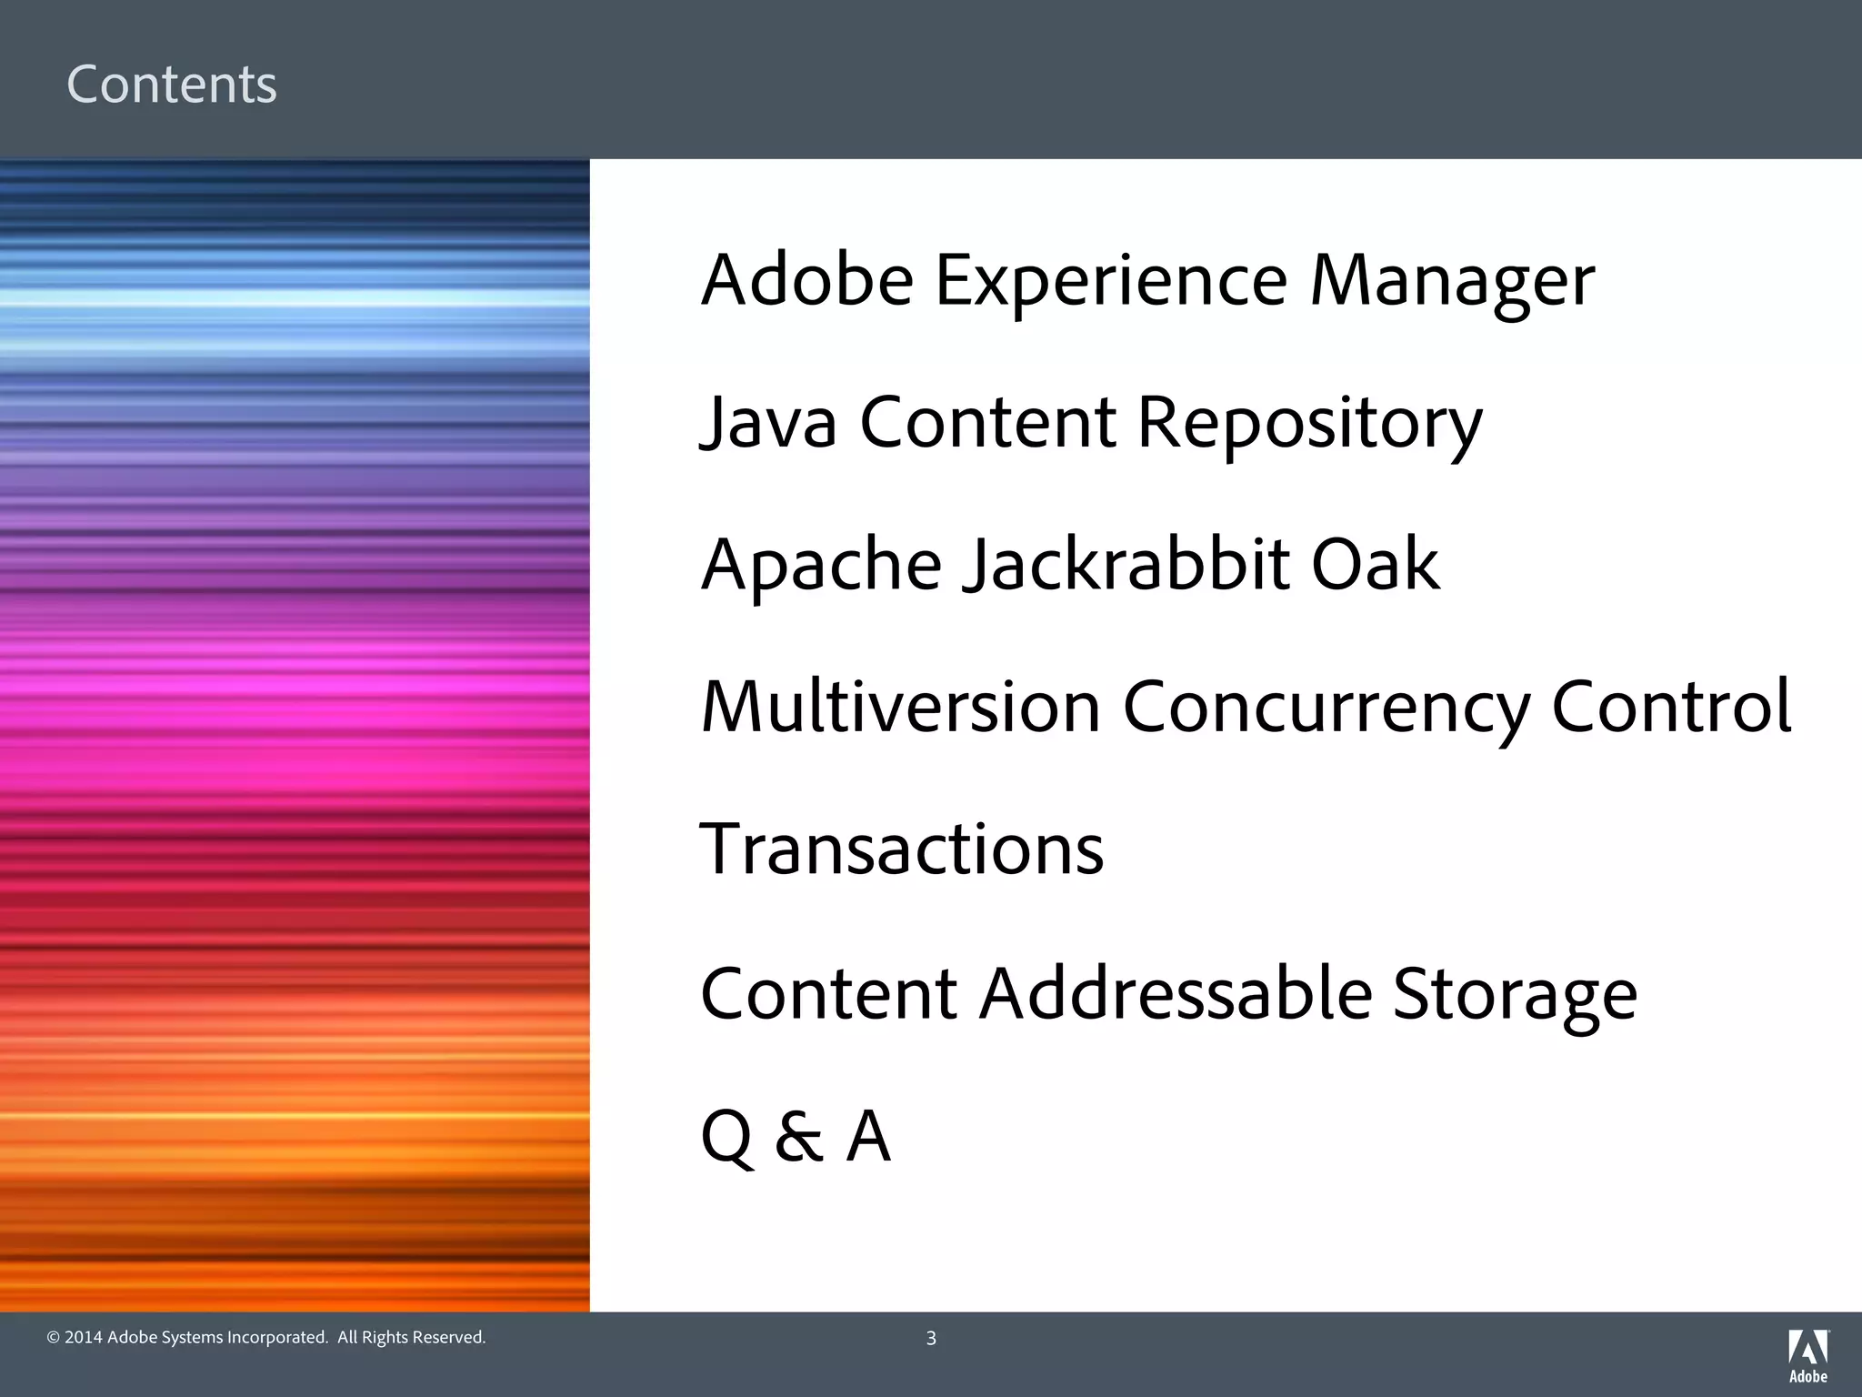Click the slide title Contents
coord(172,85)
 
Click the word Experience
coord(1111,281)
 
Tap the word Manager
coord(1452,281)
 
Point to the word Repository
coord(1309,423)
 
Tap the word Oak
coord(1375,565)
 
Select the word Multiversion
coord(901,707)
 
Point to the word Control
coord(1671,707)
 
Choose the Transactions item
coord(902,849)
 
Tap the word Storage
coord(1515,993)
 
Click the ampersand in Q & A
coord(798,1136)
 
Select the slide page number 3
coord(931,1338)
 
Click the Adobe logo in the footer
coord(1808,1355)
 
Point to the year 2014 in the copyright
coord(84,1337)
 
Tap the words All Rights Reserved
coord(412,1337)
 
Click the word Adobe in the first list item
coord(807,281)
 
